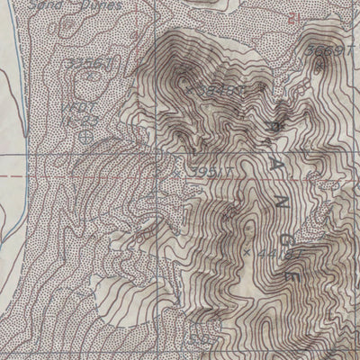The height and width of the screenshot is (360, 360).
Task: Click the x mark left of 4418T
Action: [x=245, y=252]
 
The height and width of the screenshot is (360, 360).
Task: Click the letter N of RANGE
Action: [x=283, y=210]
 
